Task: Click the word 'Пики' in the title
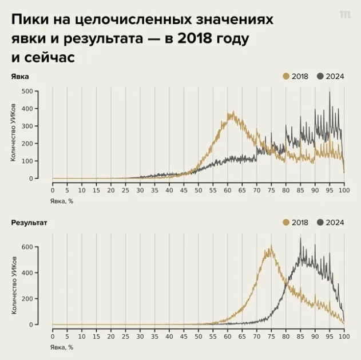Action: [29, 21]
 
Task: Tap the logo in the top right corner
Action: [345, 15]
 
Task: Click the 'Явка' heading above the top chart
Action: [19, 76]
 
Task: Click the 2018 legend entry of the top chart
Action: [296, 76]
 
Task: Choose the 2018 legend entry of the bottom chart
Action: [296, 223]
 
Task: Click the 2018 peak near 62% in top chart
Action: [231, 113]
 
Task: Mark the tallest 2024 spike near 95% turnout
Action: [330, 93]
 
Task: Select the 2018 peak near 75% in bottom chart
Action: [269, 247]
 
